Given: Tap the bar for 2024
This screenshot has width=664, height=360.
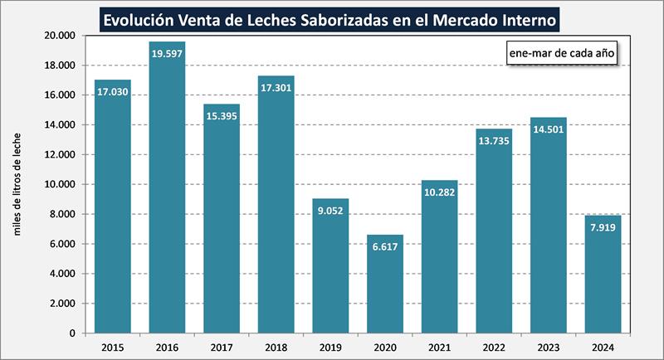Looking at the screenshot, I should (603, 274).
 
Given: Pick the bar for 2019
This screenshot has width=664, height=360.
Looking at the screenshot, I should (330, 265).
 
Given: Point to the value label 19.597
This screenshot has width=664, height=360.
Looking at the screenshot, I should (167, 54).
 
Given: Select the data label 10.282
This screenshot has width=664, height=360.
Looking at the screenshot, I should (440, 192).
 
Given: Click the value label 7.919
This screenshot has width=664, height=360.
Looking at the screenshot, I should (603, 228).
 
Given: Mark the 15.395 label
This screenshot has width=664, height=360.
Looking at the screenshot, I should (222, 117).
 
